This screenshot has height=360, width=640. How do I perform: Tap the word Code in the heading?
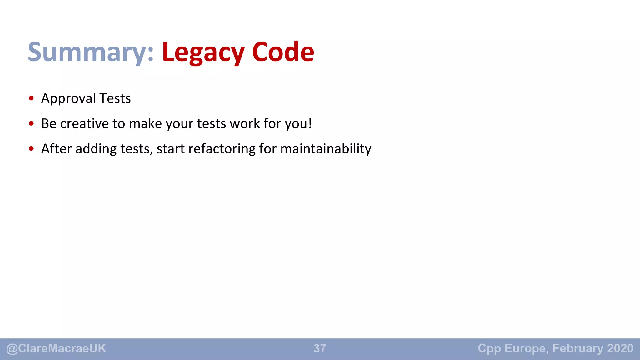[283, 52]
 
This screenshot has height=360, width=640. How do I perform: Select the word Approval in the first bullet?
[68, 99]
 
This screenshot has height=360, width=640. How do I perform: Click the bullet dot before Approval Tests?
[31, 98]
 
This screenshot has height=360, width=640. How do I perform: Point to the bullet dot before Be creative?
[31, 123]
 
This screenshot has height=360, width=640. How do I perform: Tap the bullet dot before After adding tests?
[31, 149]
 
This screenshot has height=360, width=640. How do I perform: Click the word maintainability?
[326, 149]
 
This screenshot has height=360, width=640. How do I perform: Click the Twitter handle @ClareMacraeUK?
[56, 348]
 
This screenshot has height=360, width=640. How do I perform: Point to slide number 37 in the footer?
[320, 348]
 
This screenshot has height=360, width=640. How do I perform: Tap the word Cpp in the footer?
[489, 348]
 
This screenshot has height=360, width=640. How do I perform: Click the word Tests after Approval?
[115, 99]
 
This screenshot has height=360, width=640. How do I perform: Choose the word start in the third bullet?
[171, 149]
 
